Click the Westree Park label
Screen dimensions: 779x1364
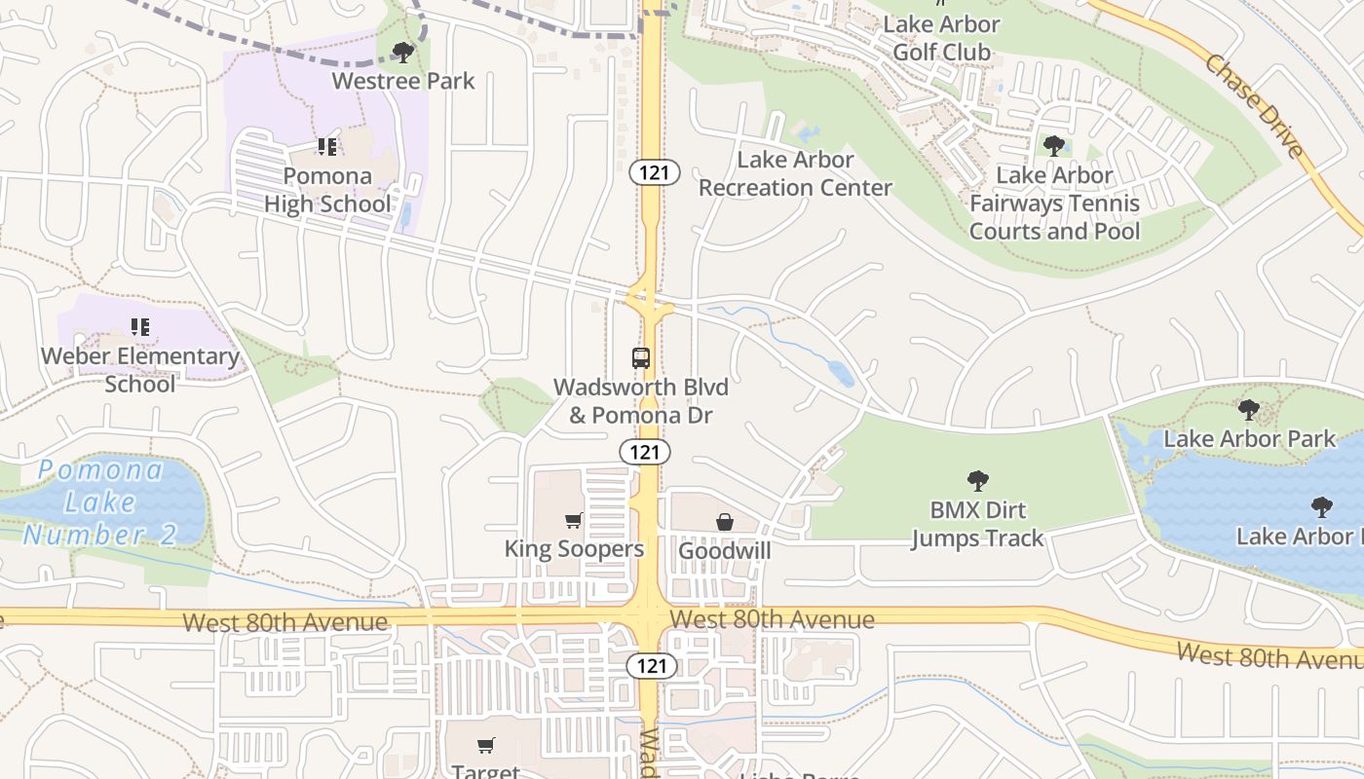point(403,80)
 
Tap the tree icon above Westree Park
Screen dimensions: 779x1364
point(402,53)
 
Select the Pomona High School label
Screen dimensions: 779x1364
point(327,190)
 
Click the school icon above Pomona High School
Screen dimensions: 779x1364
point(327,147)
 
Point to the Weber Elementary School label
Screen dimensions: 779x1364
point(140,370)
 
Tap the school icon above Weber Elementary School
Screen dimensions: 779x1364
point(140,327)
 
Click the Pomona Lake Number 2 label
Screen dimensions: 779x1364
point(100,502)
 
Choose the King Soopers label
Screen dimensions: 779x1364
point(574,549)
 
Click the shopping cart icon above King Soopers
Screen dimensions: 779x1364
point(574,521)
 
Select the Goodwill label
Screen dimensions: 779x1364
point(725,551)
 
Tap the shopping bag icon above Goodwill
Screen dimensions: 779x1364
point(725,523)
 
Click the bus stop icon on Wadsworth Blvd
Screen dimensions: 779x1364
point(640,357)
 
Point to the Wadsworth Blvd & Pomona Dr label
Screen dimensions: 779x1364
point(641,401)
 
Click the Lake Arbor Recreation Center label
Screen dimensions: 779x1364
point(795,173)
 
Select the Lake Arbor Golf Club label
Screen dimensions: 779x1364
point(941,38)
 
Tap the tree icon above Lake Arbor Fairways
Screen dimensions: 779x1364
point(1053,146)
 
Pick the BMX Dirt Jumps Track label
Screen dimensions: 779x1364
point(977,524)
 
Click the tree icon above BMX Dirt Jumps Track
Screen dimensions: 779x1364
point(977,481)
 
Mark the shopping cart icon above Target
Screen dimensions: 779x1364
point(485,746)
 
